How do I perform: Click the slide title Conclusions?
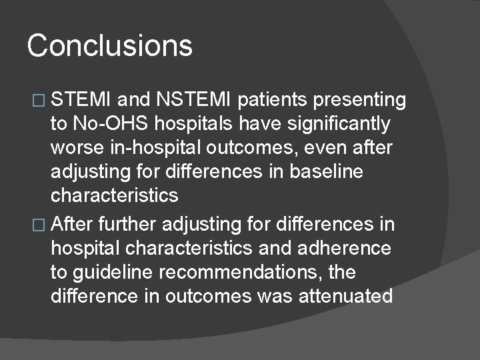point(110,46)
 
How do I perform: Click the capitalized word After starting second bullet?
point(73,225)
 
